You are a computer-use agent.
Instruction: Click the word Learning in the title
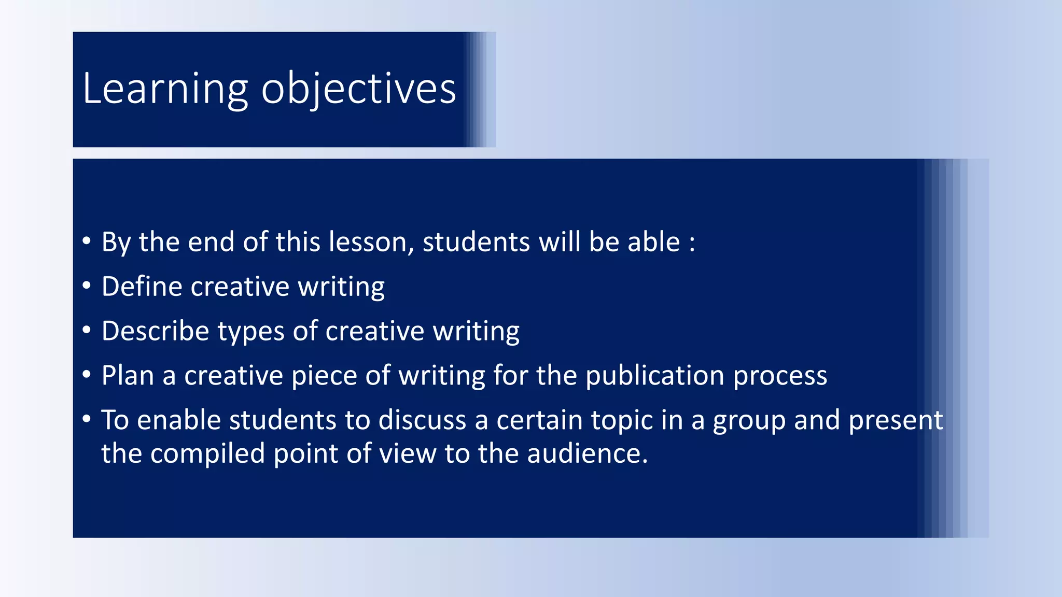point(165,89)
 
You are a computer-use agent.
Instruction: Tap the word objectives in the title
point(358,89)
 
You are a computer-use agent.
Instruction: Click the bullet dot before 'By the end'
point(87,240)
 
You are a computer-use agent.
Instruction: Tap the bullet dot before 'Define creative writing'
point(87,285)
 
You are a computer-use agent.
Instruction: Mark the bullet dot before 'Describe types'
point(87,330)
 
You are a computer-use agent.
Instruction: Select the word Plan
point(128,375)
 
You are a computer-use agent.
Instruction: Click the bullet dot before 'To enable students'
point(87,419)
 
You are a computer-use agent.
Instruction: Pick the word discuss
point(422,420)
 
